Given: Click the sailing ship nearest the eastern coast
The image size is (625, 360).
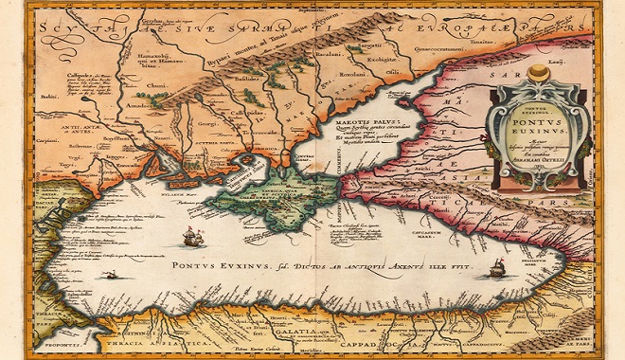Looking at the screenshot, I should (x=497, y=269).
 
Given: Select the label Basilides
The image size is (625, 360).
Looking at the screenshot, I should (x=248, y=80).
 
